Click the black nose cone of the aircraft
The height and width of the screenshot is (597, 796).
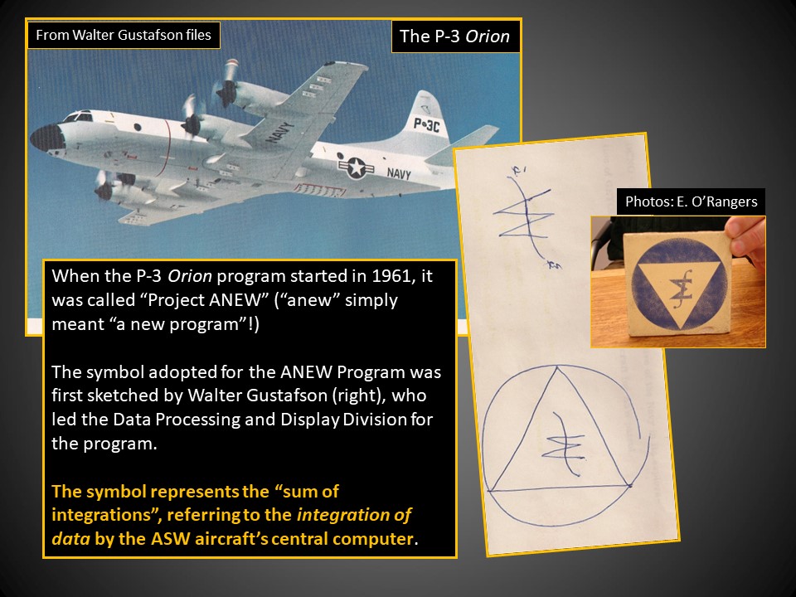(x=47, y=138)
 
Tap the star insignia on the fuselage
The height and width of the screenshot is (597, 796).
(x=356, y=167)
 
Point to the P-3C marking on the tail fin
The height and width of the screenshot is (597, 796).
(x=427, y=124)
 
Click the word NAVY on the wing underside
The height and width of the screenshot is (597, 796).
(x=279, y=133)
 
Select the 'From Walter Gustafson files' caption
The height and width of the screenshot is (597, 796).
(x=124, y=35)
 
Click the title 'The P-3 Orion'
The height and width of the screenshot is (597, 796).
(x=455, y=36)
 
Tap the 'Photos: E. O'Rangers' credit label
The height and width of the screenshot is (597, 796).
(x=691, y=201)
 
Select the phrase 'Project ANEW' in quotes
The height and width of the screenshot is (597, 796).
(x=207, y=300)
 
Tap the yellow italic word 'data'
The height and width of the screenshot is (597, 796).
(x=70, y=539)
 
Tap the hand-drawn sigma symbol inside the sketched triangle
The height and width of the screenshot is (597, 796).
(x=565, y=444)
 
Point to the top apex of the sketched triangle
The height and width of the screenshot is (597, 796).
(x=557, y=367)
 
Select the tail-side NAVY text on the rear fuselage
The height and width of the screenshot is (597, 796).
(x=399, y=173)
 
